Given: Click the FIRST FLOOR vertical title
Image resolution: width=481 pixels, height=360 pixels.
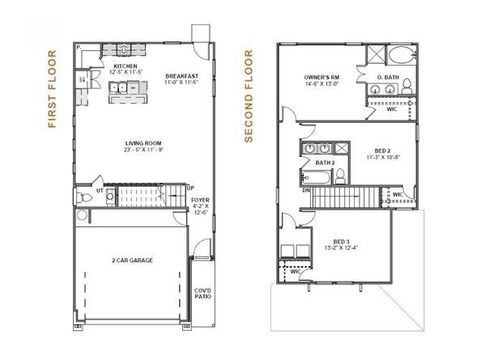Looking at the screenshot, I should pos(53,90).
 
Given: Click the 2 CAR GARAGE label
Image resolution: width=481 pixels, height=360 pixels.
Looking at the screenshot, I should pos(132,260).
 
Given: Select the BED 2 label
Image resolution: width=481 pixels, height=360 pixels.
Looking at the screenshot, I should pos(384,151).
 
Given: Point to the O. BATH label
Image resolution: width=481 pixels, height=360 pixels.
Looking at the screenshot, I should pos(389,77).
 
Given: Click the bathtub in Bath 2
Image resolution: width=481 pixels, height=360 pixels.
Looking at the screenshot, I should pos(317,176).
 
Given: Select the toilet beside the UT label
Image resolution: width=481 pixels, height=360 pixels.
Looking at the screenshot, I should pos(84,197).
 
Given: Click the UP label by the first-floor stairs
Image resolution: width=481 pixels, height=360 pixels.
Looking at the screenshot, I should pos(189,188).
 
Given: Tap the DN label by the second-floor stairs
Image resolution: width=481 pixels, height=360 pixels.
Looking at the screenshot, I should pos(307,192).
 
